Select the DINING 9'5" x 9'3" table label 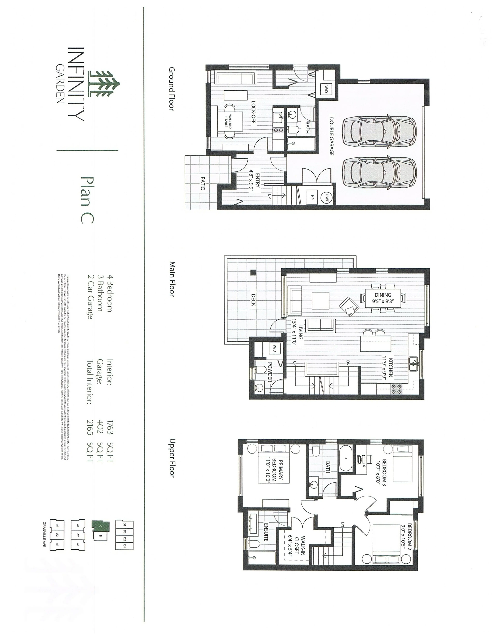[383, 298]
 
